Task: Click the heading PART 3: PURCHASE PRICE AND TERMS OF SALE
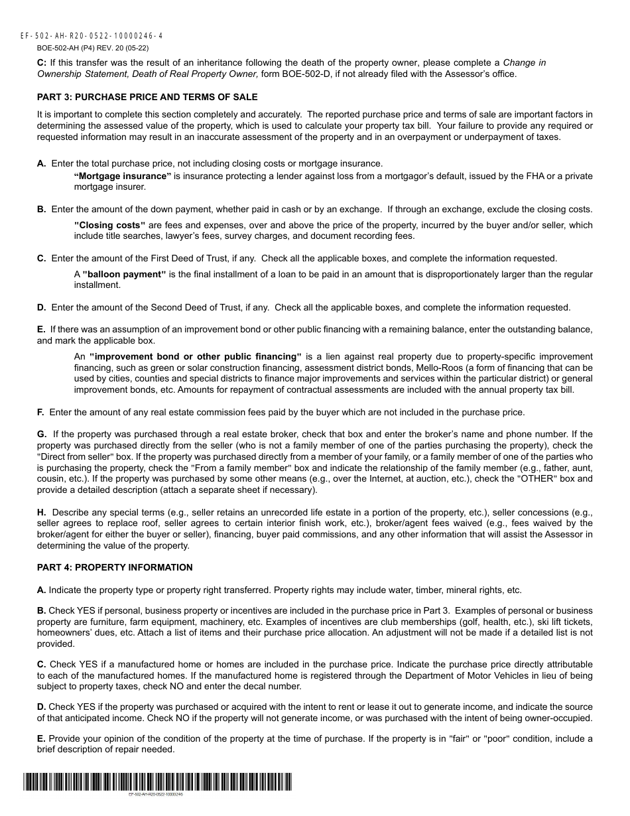(x=147, y=97)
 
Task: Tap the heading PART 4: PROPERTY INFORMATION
(x=115, y=567)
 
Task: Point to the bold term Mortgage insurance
(x=123, y=176)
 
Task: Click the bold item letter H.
(x=41, y=513)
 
